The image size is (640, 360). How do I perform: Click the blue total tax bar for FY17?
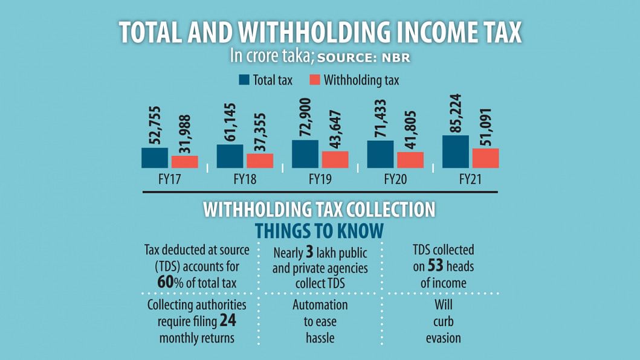click(155, 158)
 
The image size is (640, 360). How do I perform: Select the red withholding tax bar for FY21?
click(485, 158)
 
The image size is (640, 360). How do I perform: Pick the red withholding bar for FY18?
click(260, 161)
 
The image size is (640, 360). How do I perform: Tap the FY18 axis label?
click(244, 179)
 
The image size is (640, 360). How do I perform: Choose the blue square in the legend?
click(244, 80)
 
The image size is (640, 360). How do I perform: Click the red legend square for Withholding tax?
click(314, 80)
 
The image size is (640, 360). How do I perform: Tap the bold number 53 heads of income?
click(438, 266)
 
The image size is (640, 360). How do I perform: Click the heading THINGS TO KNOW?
click(320, 230)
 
